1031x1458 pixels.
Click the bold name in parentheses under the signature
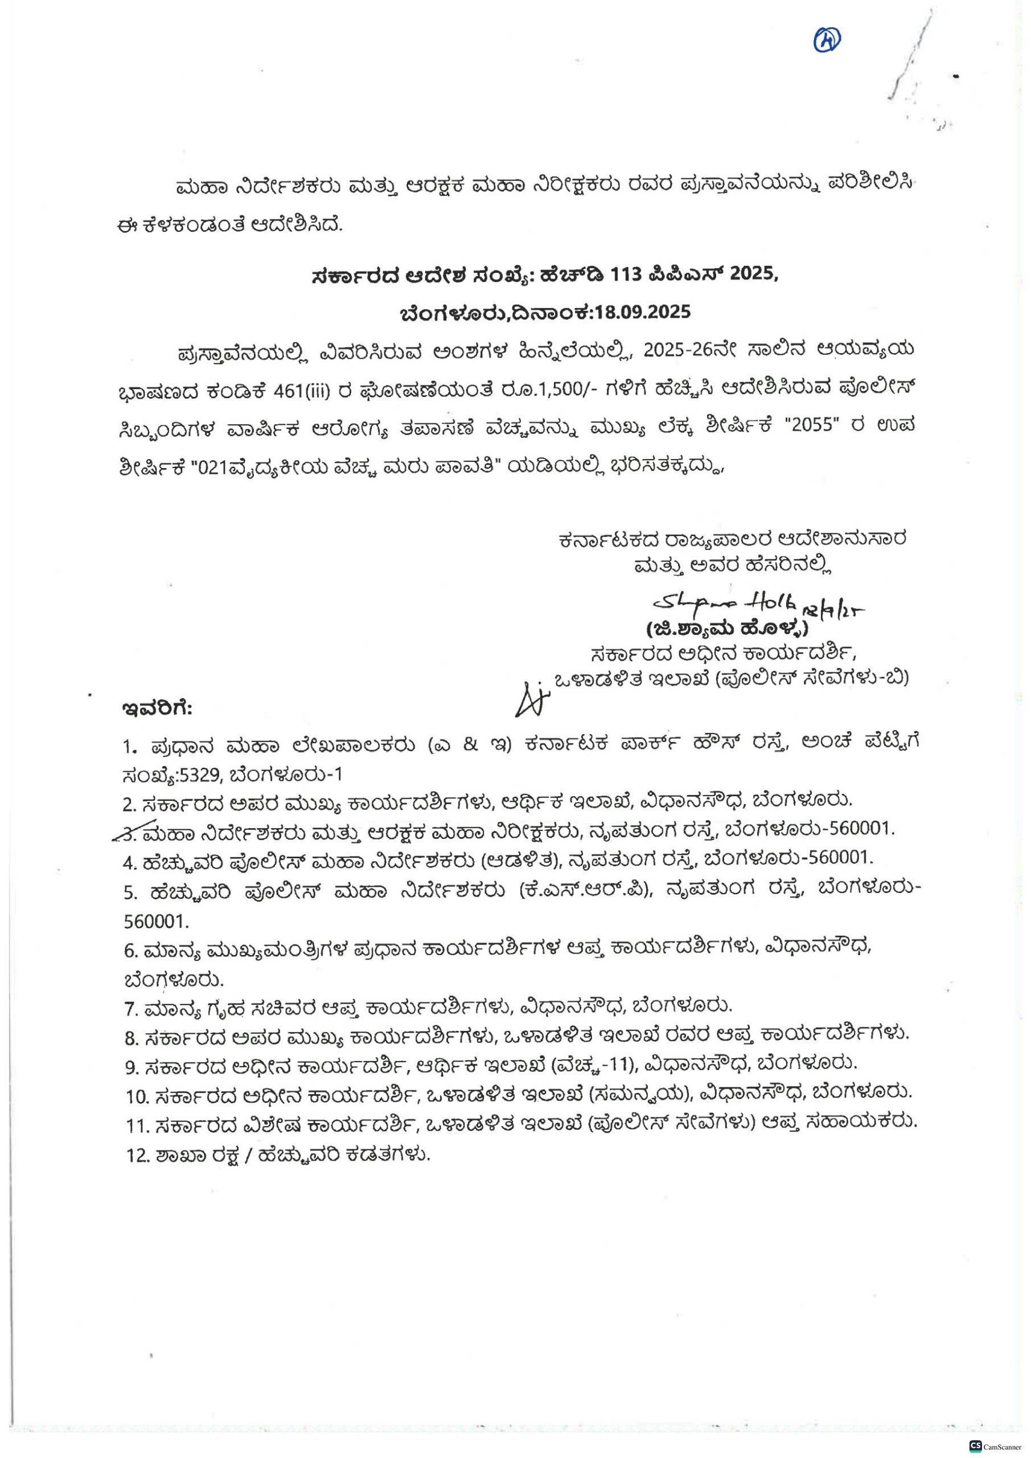pos(728,629)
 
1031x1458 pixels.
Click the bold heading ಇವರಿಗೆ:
pos(158,706)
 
